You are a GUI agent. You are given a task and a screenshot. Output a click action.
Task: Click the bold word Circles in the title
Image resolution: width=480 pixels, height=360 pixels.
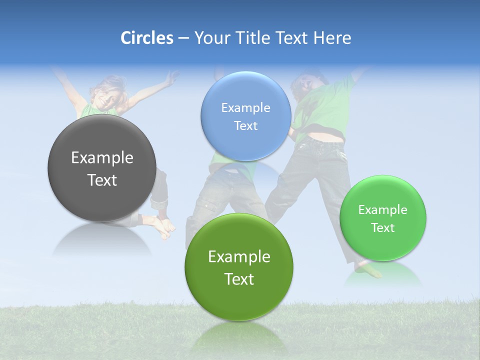pos(147,38)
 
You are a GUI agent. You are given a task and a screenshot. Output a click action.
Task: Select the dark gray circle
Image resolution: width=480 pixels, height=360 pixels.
pos(102,168)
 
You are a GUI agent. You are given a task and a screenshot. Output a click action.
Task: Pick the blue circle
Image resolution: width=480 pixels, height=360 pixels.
pos(245,116)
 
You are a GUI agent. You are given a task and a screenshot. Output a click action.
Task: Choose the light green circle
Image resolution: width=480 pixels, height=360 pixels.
pos(382,218)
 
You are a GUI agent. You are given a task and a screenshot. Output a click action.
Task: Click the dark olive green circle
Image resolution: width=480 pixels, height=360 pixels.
pos(239,267)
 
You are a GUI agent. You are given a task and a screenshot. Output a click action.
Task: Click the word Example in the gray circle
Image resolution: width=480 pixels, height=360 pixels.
pos(102,158)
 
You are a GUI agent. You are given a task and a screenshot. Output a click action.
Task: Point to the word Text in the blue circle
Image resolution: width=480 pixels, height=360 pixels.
pos(245,125)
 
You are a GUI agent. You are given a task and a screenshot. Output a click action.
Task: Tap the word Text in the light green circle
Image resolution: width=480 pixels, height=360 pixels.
pos(382,227)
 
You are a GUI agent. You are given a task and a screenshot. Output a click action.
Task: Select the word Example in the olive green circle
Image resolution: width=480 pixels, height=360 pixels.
pos(239,256)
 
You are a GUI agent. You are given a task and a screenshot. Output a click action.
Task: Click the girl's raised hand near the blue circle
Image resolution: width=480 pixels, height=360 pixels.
pos(172,77)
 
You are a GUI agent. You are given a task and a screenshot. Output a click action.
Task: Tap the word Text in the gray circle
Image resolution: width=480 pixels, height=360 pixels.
pos(102,180)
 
